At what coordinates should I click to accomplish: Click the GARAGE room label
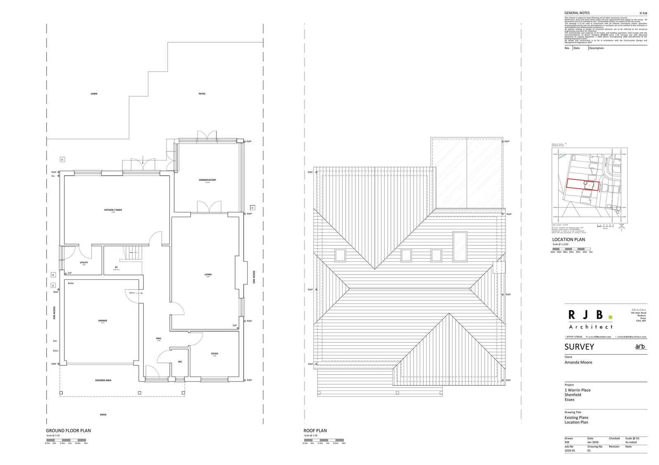(x=103, y=321)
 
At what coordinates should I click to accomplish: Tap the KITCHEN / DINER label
(x=113, y=210)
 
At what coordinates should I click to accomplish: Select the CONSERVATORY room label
(x=207, y=180)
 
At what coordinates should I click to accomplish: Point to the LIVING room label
(x=208, y=274)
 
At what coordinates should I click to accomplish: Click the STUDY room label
(x=215, y=353)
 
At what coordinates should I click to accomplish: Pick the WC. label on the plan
(x=180, y=362)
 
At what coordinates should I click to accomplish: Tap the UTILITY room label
(x=84, y=263)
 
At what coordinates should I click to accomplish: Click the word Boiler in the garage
(x=71, y=283)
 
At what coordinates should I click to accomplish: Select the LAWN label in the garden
(x=94, y=94)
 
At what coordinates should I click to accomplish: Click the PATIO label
(x=202, y=94)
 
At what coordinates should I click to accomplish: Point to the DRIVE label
(x=103, y=414)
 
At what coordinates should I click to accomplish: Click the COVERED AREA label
(x=103, y=380)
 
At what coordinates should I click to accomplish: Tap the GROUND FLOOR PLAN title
(x=68, y=430)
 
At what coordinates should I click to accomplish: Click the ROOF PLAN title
(x=315, y=430)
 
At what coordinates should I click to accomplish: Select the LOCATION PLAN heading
(x=568, y=239)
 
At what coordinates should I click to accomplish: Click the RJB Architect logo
(x=590, y=319)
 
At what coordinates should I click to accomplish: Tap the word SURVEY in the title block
(x=579, y=347)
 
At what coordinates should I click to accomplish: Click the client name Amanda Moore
(x=578, y=362)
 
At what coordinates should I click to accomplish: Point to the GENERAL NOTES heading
(x=577, y=13)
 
